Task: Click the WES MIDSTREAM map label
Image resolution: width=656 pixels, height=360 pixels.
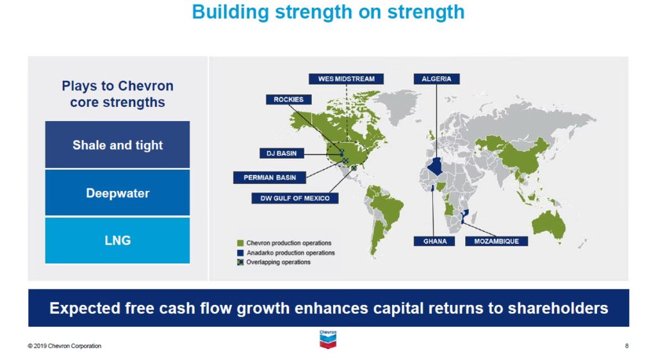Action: [346, 79]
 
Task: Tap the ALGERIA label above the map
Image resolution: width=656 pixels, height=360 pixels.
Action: [436, 79]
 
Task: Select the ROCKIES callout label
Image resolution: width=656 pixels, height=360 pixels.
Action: [289, 99]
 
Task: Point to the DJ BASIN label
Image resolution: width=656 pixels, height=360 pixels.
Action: [282, 154]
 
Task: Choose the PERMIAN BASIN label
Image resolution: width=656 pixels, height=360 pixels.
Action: [270, 177]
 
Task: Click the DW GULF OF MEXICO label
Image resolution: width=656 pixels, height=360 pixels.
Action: [295, 198]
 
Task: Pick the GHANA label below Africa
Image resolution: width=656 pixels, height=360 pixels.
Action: [434, 241]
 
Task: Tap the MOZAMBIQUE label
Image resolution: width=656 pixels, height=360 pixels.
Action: [496, 241]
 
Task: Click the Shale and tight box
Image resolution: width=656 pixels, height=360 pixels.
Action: [117, 145]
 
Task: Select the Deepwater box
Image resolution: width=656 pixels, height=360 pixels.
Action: [117, 193]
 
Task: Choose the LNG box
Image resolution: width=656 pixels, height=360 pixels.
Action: [117, 240]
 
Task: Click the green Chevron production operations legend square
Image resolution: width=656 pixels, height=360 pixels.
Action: [240, 243]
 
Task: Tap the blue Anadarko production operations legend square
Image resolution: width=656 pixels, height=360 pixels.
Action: [240, 253]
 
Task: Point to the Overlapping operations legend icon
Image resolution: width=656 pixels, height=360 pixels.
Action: [240, 262]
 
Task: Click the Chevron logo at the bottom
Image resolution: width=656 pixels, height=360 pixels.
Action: [328, 340]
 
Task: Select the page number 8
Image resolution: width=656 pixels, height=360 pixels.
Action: [627, 346]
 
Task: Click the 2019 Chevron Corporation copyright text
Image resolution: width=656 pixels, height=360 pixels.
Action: [65, 346]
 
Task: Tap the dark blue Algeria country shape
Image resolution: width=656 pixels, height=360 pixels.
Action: [435, 166]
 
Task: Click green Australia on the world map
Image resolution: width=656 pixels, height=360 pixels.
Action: [548, 224]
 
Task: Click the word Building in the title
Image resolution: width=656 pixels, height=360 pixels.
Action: [230, 12]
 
